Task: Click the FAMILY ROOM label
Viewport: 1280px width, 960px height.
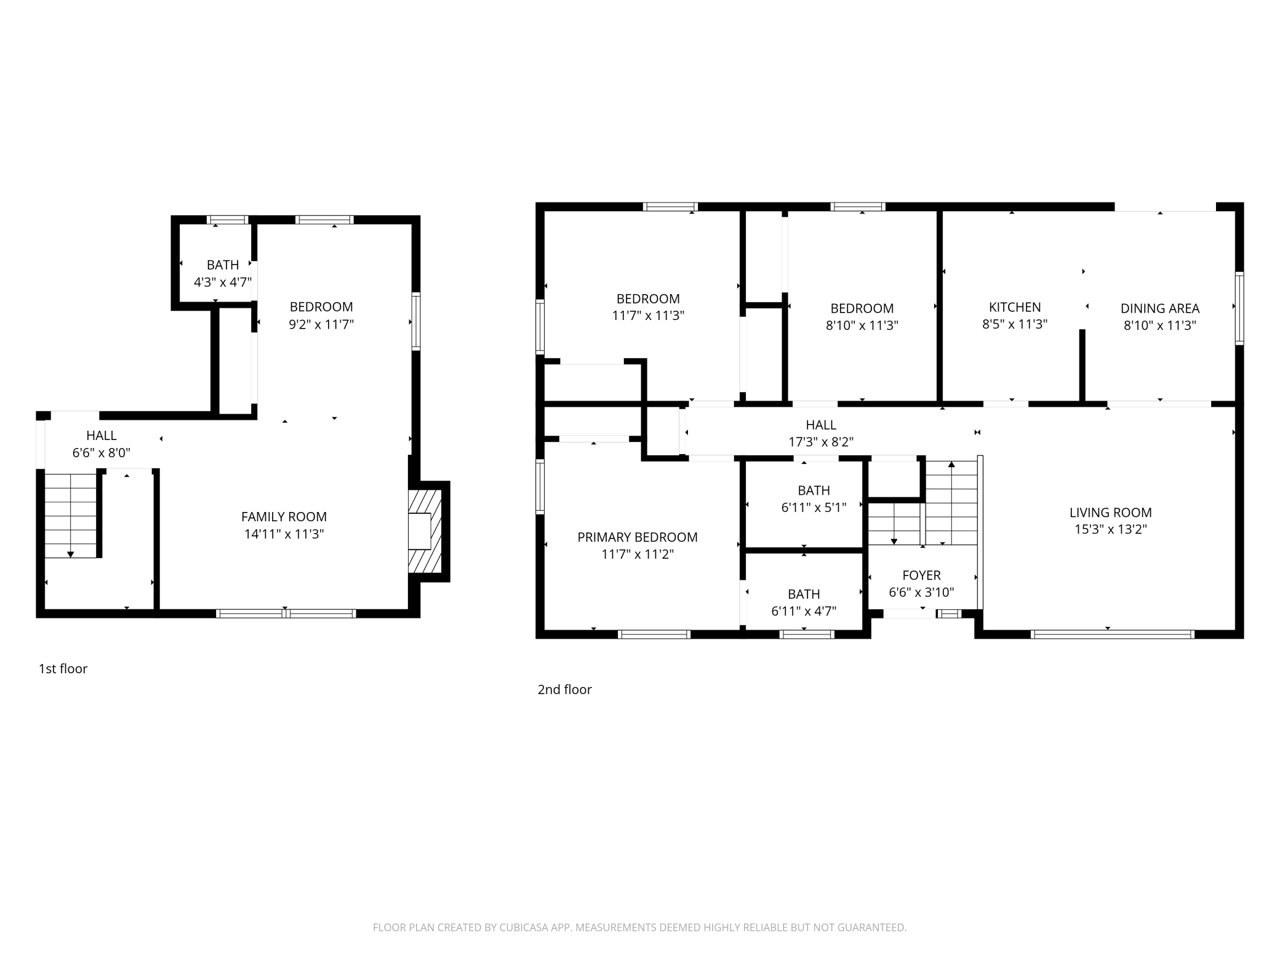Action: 284,517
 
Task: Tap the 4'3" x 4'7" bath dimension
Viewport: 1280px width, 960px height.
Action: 223,282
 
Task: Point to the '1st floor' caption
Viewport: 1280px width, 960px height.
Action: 63,669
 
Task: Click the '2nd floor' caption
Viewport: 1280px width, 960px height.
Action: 564,690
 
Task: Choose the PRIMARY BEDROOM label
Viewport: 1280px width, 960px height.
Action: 637,537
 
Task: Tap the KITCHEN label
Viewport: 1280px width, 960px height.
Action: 1014,307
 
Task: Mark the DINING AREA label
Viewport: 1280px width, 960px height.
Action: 1159,308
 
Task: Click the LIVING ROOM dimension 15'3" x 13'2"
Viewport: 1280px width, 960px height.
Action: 1110,529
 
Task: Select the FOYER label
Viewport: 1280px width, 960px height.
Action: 921,575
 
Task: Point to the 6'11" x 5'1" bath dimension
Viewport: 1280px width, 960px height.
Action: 814,508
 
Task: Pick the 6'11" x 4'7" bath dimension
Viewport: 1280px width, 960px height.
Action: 804,611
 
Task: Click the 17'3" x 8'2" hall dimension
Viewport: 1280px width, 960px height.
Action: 821,442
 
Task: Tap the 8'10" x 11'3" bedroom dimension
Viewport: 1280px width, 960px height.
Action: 862,326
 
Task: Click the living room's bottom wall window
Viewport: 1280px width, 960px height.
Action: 1112,634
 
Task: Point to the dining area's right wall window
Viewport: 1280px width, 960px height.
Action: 1239,308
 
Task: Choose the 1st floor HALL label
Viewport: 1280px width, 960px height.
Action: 102,436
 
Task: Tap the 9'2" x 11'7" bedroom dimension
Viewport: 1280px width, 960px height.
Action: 321,324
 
